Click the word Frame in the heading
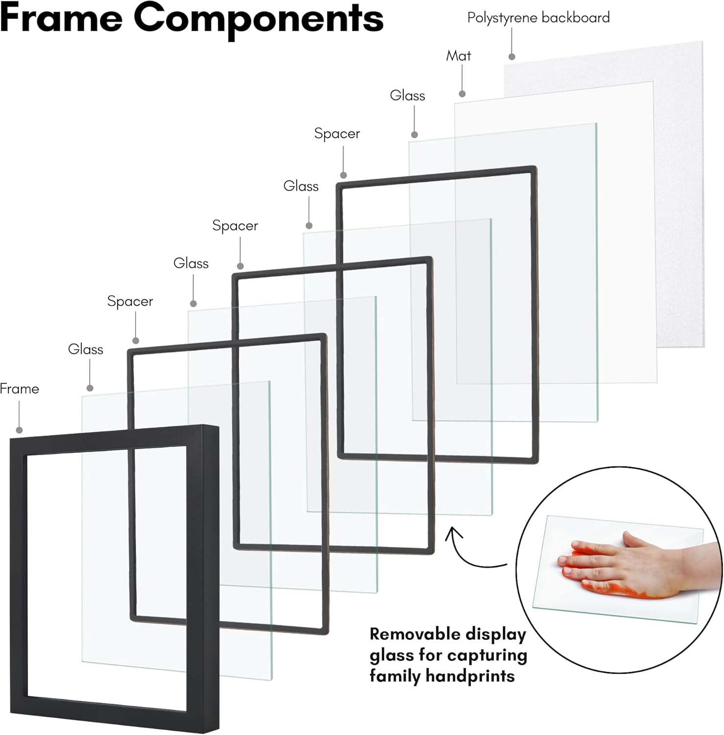pyautogui.click(x=61, y=18)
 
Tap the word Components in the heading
pyautogui.click(x=258, y=20)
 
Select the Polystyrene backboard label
pyautogui.click(x=538, y=18)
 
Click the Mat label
pyautogui.click(x=459, y=56)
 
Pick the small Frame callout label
pyautogui.click(x=20, y=389)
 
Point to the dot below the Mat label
pyautogui.click(x=462, y=94)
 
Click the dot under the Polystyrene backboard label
pyautogui.click(x=512, y=57)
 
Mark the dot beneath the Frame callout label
pyautogui.click(x=19, y=430)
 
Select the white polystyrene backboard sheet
pyautogui.click(x=680, y=196)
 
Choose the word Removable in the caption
pyautogui.click(x=408, y=634)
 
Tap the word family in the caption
pyautogui.click(x=395, y=677)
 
